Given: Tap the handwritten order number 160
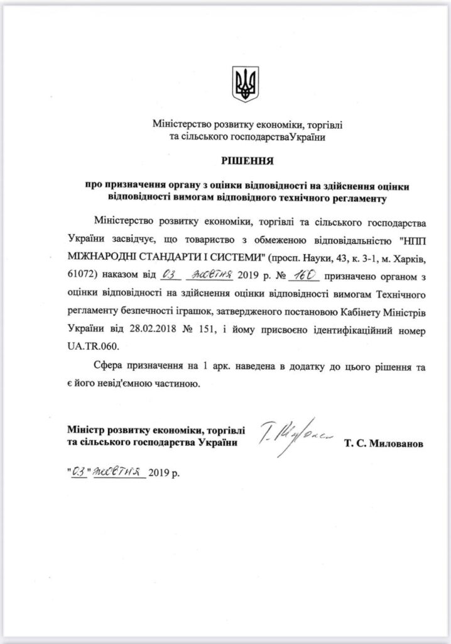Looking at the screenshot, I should (x=305, y=275).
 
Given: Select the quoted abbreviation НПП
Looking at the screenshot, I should (x=411, y=240).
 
